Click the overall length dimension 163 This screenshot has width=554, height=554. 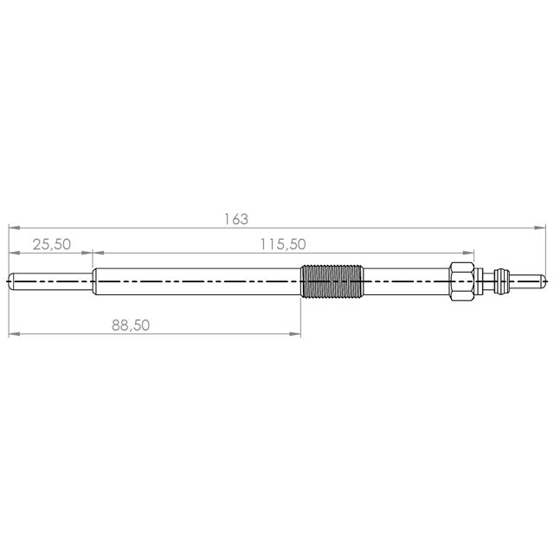pyautogui.click(x=236, y=219)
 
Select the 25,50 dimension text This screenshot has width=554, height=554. pyautogui.click(x=52, y=244)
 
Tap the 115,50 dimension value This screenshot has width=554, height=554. pyautogui.click(x=283, y=244)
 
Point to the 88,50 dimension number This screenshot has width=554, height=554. pyautogui.click(x=131, y=325)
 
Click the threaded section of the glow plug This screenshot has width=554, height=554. pyautogui.click(x=332, y=280)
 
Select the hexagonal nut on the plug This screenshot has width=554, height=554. pyautogui.click(x=461, y=281)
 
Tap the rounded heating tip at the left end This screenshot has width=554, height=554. pyautogui.click(x=50, y=281)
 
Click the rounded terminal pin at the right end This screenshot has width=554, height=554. pyautogui.click(x=527, y=281)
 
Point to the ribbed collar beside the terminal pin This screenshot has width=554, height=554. pyautogui.click(x=502, y=281)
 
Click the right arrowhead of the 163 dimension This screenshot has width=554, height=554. pyautogui.click(x=539, y=228)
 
